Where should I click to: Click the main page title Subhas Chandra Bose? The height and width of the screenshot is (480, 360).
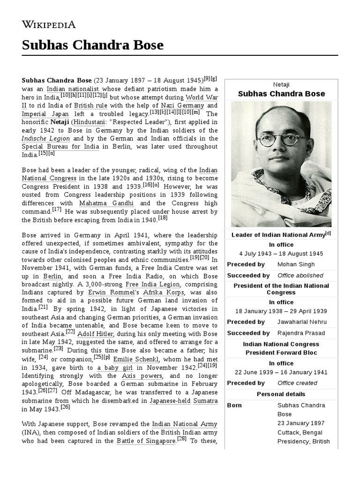(x=92, y=45)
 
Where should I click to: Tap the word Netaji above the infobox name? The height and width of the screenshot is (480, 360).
(x=281, y=84)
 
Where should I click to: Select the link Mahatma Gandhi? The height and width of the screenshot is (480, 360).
(x=106, y=203)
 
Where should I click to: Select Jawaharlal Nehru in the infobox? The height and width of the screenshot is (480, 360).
(x=302, y=322)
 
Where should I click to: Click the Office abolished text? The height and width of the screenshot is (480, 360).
(x=300, y=276)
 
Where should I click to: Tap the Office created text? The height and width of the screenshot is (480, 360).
(x=297, y=383)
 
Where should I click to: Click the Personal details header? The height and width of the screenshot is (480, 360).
(x=281, y=394)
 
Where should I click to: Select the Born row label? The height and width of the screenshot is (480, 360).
(x=234, y=405)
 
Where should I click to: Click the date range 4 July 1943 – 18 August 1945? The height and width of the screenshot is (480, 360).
(x=281, y=254)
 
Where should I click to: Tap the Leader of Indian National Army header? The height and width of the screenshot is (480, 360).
(x=281, y=234)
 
